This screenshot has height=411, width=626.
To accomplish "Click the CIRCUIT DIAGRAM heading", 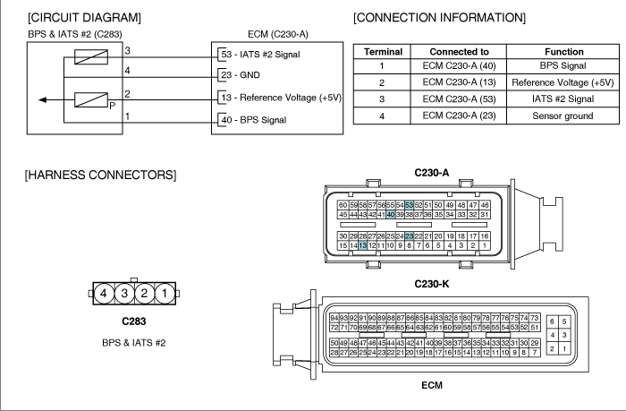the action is coord(84,18).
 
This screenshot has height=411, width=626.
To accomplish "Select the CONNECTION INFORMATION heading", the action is coord(439,18).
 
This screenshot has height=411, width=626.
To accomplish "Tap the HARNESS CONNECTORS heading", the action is coord(100,175).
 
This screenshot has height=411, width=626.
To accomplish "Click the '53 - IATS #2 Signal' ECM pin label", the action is coord(261,55).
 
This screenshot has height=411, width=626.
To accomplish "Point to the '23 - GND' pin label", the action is coord(241,74).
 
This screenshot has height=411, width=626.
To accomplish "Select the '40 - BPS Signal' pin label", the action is coord(254,120).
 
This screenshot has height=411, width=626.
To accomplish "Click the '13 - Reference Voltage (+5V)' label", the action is coord(282,98).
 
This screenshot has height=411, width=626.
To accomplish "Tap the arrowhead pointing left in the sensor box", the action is coord(42,99).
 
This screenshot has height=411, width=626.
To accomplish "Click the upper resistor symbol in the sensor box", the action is coord(91,56).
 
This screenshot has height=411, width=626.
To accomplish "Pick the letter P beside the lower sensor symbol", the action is coord(112,106).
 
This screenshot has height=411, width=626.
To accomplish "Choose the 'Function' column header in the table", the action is coord(563,52).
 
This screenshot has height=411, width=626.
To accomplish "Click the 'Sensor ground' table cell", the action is coord(563,116).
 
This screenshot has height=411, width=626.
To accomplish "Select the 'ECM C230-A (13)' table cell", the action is coord(459,82).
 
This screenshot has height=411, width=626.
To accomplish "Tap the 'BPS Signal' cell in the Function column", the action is coord(563,65).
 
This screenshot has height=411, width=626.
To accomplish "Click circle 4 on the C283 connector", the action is coord(104,294).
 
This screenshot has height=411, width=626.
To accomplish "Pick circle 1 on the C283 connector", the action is coord(165,294).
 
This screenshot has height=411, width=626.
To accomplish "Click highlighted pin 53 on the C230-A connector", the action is coord(410,205).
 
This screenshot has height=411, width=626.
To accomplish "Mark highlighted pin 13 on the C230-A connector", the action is coord(362,245).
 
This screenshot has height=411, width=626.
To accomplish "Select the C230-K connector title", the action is coord(432,284).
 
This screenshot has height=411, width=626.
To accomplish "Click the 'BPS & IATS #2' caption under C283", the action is coord(134,343).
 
